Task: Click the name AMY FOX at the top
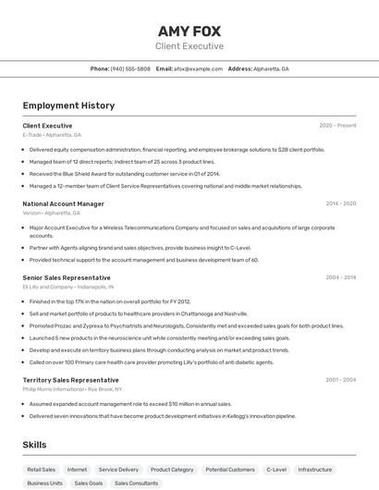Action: click(189, 31)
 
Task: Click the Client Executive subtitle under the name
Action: click(189, 46)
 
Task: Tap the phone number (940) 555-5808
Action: click(130, 69)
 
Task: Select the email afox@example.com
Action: click(198, 69)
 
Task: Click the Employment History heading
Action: click(68, 105)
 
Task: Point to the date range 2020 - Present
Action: click(337, 126)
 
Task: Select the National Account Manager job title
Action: click(63, 203)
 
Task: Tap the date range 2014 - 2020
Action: click(341, 203)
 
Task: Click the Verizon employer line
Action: click(51, 213)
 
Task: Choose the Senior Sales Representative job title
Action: click(67, 277)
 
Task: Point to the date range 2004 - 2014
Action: click(341, 277)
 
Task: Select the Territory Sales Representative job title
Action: click(70, 380)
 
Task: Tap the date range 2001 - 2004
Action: click(341, 380)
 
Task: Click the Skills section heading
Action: click(34, 445)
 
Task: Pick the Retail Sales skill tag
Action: click(42, 470)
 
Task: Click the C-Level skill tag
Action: click(276, 470)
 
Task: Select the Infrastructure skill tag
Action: click(315, 470)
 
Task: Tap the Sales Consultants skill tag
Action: click(136, 484)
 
